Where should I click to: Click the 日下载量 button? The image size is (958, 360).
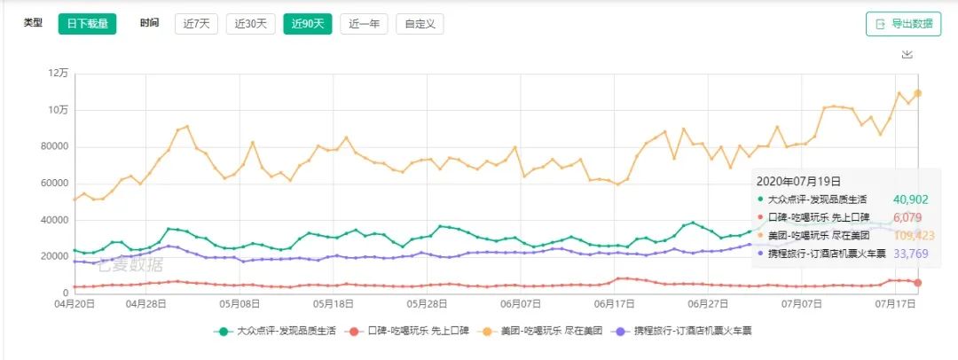pos(88,24)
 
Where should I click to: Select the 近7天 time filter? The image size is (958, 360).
pos(196,24)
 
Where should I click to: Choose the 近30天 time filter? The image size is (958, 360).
pos(251,24)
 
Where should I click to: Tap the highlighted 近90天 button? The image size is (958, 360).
pos(307,24)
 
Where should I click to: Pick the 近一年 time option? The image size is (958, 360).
pos(364,24)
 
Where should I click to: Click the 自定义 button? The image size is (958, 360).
pos(420,24)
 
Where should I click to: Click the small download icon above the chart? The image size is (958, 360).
pos(907,55)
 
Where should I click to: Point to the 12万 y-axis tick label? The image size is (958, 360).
pos(58,73)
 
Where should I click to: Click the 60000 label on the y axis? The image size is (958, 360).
pos(53,183)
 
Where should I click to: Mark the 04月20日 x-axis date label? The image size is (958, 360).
pos(75,303)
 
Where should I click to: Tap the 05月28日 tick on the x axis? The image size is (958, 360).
pos(425,303)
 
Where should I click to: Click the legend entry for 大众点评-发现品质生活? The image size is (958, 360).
pos(278,332)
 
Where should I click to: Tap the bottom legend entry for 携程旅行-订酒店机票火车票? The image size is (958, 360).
pos(683,332)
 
